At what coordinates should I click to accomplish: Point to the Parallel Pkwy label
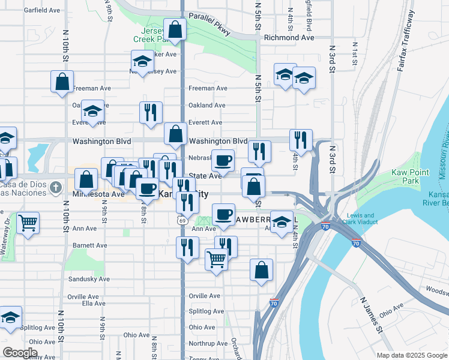point(209,24)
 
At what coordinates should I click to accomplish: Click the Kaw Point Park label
point(410,176)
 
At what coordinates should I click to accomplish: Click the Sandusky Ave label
point(88,279)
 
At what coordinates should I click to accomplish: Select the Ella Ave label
point(94,304)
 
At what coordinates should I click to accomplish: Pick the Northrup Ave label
point(206,344)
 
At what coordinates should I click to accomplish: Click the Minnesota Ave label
point(98,194)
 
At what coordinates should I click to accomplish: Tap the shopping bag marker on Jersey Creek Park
point(175,29)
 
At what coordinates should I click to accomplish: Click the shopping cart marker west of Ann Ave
point(28,223)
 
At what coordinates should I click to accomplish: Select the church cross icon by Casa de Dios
point(55,187)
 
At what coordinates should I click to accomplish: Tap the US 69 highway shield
point(181,220)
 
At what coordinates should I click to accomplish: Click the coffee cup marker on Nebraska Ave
point(223,160)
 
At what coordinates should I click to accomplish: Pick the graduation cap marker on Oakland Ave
point(92,111)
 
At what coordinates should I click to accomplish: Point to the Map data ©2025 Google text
point(411,355)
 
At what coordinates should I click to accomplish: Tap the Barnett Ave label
point(89,245)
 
